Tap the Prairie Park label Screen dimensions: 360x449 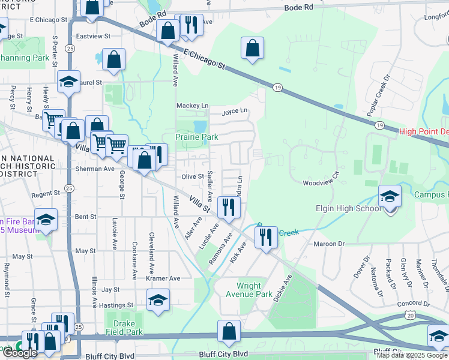pyautogui.click(x=197, y=137)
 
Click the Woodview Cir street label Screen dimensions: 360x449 pyautogui.click(x=321, y=182)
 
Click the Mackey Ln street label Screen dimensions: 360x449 pyautogui.click(x=192, y=106)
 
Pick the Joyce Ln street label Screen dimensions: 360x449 pyautogui.click(x=234, y=111)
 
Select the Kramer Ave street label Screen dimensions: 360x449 pyautogui.click(x=163, y=278)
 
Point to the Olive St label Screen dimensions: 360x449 pyautogui.click(x=193, y=177)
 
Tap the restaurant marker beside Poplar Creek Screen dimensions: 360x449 pyautogui.click(x=266, y=237)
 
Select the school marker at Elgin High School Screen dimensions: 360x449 pyautogui.click(x=390, y=196)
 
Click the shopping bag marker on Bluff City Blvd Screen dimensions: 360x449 pyautogui.click(x=229, y=331)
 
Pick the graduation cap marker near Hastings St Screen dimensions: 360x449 pyautogui.click(x=158, y=299)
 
